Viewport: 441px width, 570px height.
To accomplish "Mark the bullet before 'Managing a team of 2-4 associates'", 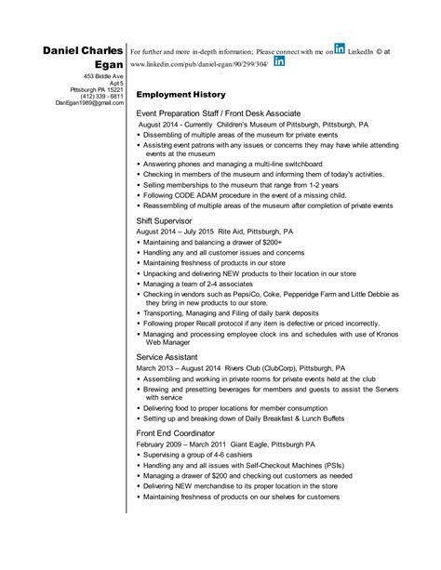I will [139, 283].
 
